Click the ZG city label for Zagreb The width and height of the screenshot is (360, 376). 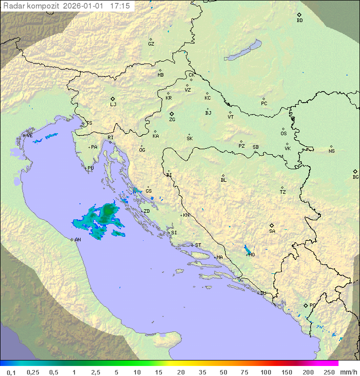[x=172, y=120]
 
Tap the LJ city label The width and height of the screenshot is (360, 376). [x=113, y=105]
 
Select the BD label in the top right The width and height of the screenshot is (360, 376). [x=299, y=21]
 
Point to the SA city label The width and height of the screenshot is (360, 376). [x=272, y=231]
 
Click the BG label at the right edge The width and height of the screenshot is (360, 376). [x=355, y=177]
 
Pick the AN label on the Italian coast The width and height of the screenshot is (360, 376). [x=77, y=240]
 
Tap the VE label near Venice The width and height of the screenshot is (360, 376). [x=29, y=136]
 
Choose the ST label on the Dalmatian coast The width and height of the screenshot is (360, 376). [x=198, y=245]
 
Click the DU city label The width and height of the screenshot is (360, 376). [x=262, y=293]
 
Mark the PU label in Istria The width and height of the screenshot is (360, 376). [x=90, y=168]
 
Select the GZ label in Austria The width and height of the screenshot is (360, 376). [x=151, y=44]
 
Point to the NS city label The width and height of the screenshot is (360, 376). [x=331, y=151]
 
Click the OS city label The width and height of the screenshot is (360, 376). [x=283, y=134]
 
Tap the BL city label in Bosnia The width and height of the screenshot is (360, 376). [x=223, y=180]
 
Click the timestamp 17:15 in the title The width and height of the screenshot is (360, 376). [x=119, y=6]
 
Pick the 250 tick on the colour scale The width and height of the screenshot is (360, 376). [x=329, y=372]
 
